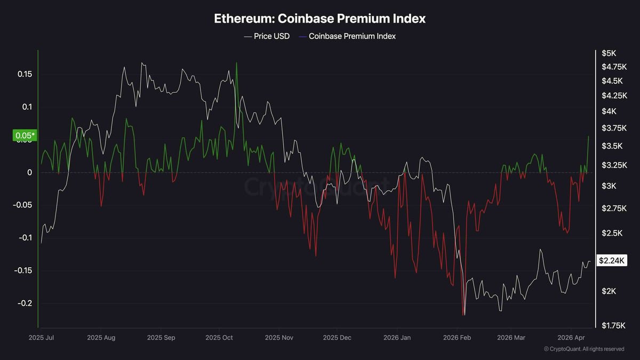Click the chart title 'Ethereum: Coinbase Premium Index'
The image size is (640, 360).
[319, 18]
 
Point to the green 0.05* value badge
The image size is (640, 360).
[24, 136]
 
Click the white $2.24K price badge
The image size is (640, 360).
[612, 260]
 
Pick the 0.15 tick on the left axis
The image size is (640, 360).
[25, 74]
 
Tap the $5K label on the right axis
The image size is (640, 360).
[609, 53]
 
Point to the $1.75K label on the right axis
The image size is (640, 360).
[613, 325]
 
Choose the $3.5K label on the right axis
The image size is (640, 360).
[611, 146]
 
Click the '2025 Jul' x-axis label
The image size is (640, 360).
[41, 338]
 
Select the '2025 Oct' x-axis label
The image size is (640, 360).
[219, 338]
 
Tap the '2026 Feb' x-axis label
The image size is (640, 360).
[457, 338]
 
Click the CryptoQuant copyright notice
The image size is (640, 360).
[583, 349]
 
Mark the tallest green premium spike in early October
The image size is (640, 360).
[236, 63]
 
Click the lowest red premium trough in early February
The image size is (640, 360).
[463, 315]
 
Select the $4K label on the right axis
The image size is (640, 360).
[609, 111]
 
